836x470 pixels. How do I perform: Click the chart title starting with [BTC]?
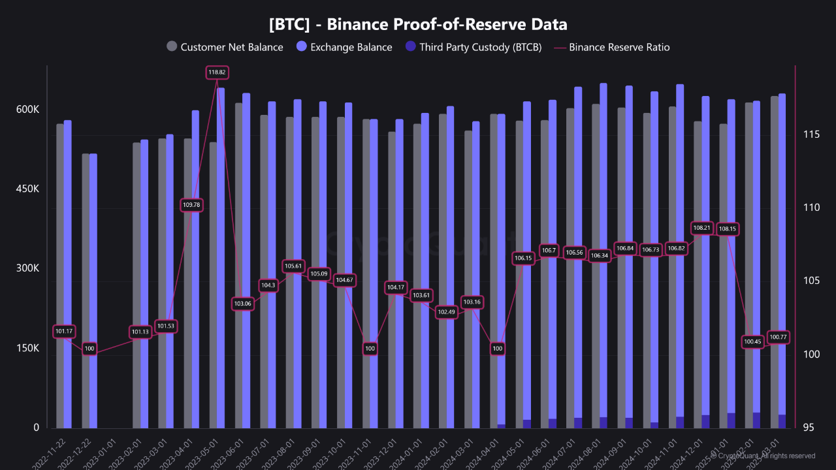pos(418,25)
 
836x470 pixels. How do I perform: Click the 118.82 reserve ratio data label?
pos(217,72)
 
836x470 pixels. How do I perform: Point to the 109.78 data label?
pos(191,205)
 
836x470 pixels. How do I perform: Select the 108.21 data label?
pos(702,228)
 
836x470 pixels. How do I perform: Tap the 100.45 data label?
pos(753,341)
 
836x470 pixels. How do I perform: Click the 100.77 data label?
pos(779,337)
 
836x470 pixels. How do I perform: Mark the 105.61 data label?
pos(294,266)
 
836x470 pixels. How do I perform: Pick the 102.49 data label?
pos(447,312)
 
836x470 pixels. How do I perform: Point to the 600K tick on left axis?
pos(27,110)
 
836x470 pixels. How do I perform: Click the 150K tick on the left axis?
pos(27,349)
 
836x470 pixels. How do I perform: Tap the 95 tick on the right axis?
pos(809,428)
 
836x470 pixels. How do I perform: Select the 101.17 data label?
pos(64,332)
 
